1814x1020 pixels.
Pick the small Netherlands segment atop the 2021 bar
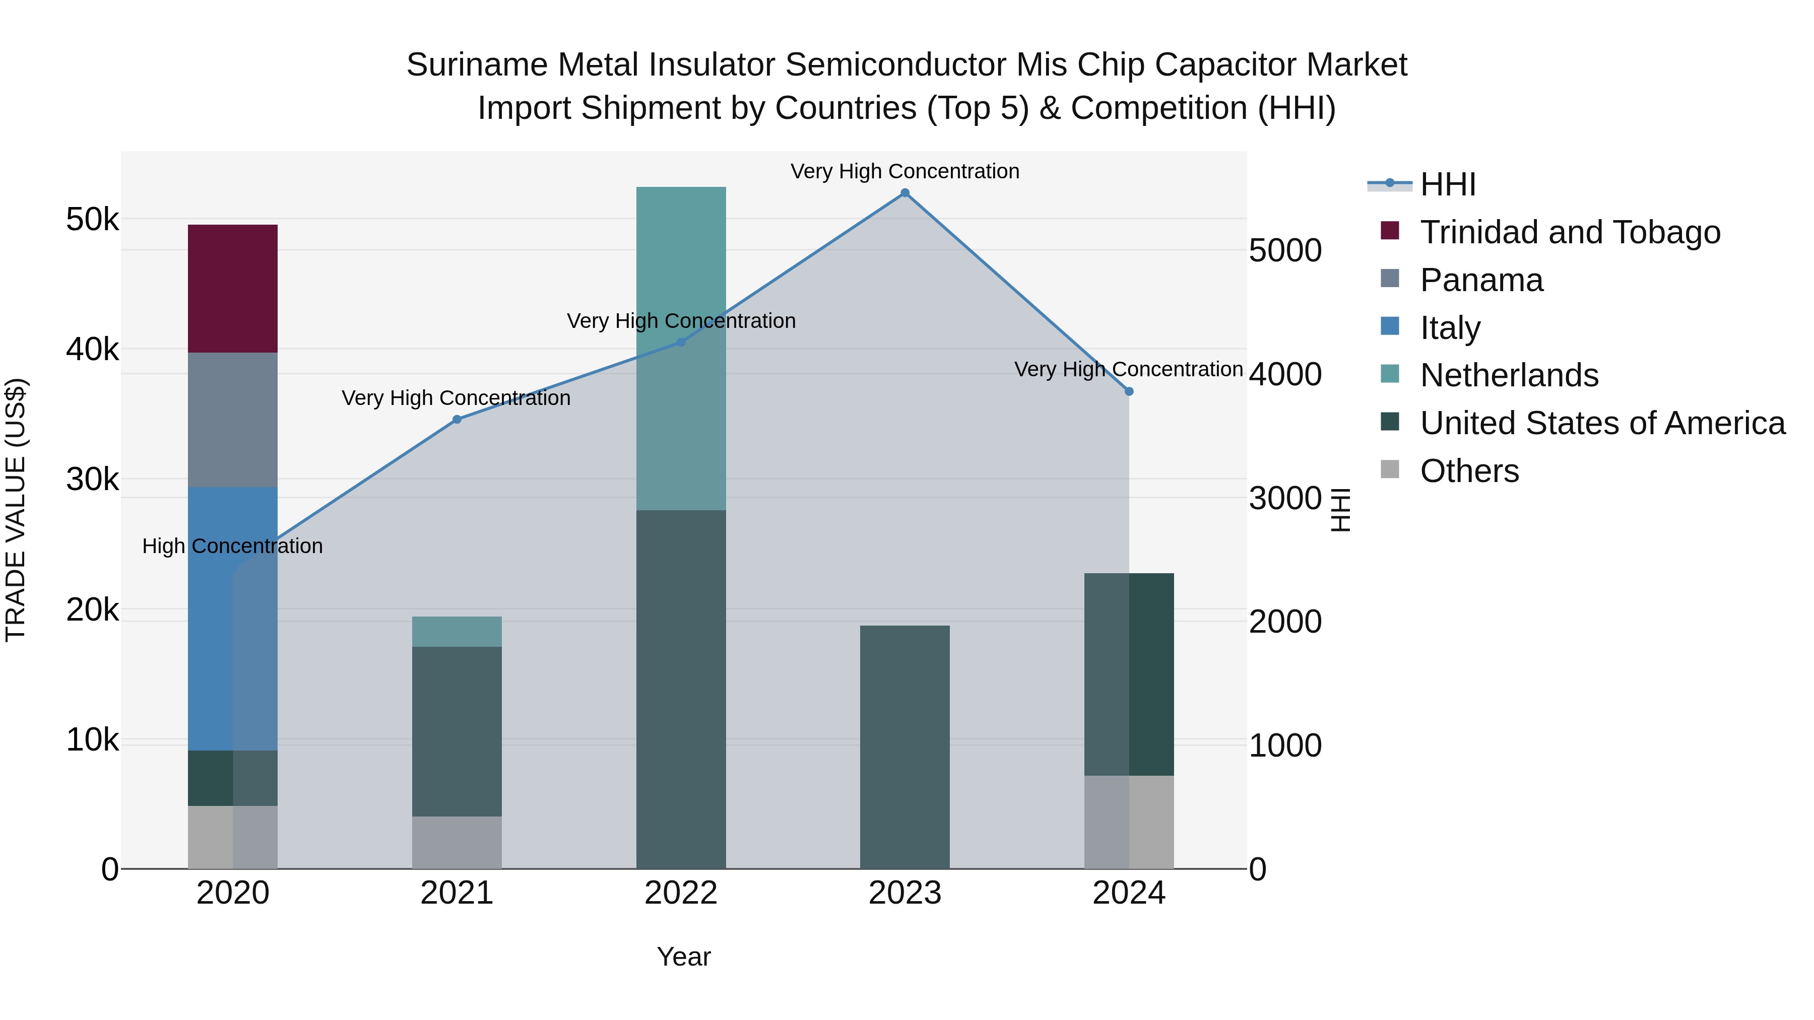click(457, 632)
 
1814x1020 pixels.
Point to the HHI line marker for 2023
click(905, 193)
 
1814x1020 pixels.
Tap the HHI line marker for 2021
click(457, 420)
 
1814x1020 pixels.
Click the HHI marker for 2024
click(1129, 391)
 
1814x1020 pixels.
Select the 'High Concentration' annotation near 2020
click(232, 546)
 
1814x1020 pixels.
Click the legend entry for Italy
click(1449, 328)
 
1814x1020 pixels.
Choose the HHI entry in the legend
click(1447, 184)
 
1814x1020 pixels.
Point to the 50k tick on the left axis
click(92, 220)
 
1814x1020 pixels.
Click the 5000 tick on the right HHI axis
click(1285, 251)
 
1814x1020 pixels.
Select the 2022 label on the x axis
click(680, 893)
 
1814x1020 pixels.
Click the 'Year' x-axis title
click(683, 957)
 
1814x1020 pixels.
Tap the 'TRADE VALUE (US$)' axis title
click(16, 510)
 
